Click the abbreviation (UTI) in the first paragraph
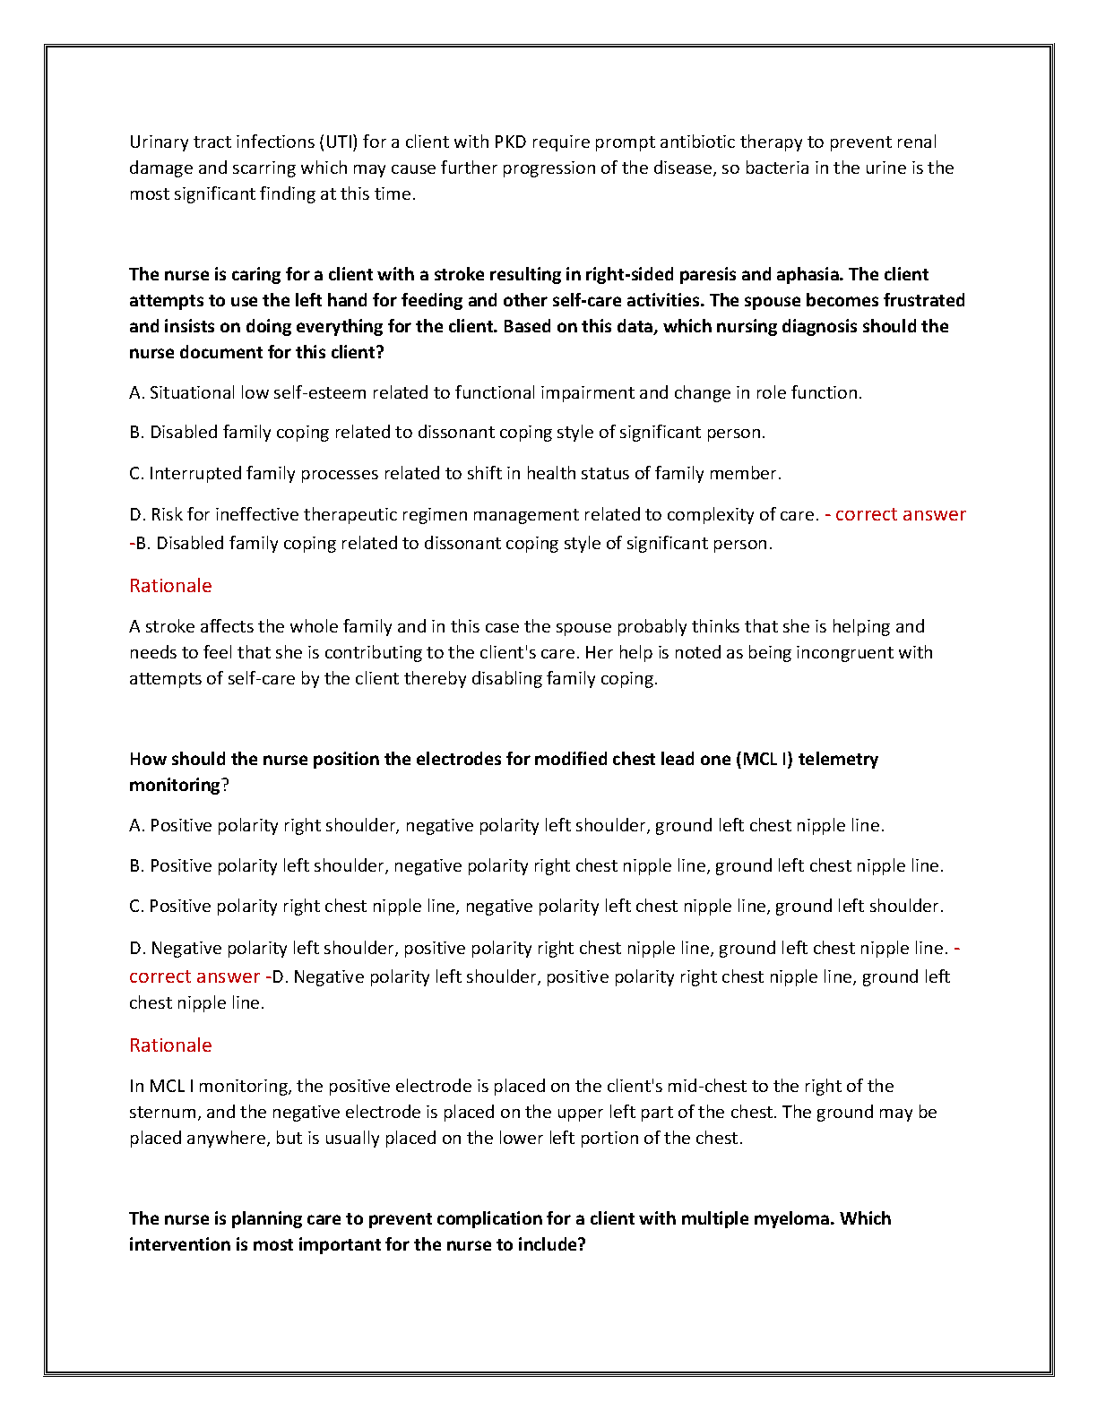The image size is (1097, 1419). [339, 142]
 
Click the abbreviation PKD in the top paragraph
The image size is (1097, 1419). [510, 142]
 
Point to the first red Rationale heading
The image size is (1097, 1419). [170, 586]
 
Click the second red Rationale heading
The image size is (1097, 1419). [170, 1045]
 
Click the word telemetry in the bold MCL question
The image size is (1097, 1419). [838, 759]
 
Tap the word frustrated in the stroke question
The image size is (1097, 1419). [924, 300]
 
